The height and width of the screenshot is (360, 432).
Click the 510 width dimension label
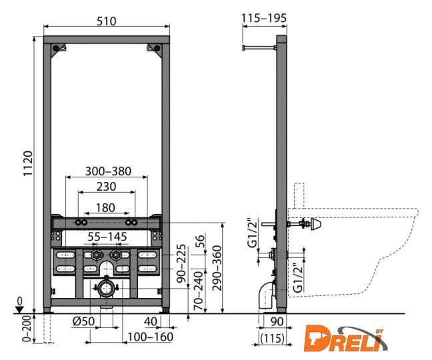(107, 21)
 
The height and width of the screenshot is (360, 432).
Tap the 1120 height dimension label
(28, 163)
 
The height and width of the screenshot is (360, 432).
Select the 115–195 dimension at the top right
(264, 18)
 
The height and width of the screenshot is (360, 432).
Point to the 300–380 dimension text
(108, 171)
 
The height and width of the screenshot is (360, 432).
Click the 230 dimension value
(107, 187)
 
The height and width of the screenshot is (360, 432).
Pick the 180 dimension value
(105, 208)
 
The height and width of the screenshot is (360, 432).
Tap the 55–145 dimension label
(107, 237)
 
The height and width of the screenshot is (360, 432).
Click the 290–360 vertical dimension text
(217, 268)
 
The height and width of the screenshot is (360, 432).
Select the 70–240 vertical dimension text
(199, 291)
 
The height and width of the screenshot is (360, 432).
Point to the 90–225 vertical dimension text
(181, 263)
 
